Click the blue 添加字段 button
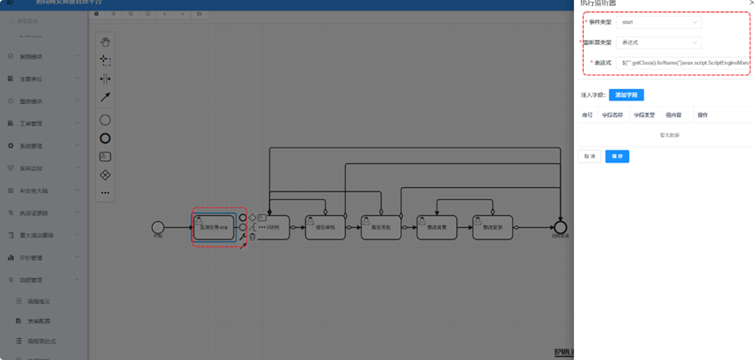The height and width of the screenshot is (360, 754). (x=626, y=94)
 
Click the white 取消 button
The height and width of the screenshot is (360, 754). (x=590, y=156)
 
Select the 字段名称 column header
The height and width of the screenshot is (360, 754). (x=612, y=114)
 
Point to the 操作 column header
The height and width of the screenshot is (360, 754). (x=702, y=114)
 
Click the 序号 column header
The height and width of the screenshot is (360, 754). (x=588, y=114)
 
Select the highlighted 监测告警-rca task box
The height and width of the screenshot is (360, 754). (x=214, y=227)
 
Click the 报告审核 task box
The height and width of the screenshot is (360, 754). (x=325, y=227)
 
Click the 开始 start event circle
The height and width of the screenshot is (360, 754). (x=158, y=227)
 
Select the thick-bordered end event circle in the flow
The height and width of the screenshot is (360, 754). (x=559, y=227)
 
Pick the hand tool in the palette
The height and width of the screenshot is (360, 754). (x=105, y=42)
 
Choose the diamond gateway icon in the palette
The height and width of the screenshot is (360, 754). (x=105, y=176)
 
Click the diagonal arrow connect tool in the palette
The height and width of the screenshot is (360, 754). (x=105, y=97)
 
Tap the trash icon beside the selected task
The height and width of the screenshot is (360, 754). (x=252, y=237)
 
